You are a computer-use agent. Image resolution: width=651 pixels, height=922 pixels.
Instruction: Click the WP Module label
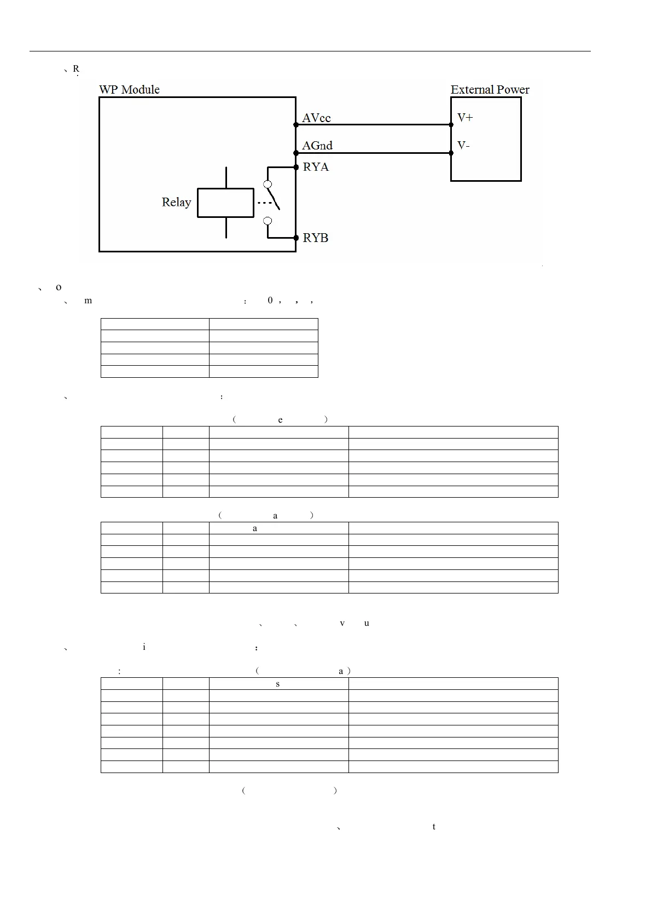[x=129, y=90]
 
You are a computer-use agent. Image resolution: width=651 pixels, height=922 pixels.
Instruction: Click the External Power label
[x=490, y=90]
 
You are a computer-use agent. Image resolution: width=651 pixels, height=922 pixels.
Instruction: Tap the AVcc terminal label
[x=316, y=118]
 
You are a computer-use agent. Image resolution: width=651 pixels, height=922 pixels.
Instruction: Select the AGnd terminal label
[x=317, y=146]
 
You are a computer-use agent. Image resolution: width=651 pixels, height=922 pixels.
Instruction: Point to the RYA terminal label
[x=316, y=167]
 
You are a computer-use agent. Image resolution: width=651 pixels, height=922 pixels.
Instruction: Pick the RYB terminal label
[x=316, y=238]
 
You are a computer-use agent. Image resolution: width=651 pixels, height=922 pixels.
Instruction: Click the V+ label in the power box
[x=465, y=118]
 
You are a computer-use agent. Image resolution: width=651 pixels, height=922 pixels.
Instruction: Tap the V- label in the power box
[x=463, y=146]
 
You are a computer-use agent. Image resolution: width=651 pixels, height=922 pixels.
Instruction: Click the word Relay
[x=176, y=202]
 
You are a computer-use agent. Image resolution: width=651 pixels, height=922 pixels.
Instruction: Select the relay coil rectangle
[x=225, y=203]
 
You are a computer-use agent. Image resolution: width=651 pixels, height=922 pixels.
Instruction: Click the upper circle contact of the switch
[x=268, y=185]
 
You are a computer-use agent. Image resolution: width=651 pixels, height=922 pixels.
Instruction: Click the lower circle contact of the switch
[x=268, y=221]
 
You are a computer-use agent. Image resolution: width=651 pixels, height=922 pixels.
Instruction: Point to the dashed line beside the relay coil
[x=264, y=203]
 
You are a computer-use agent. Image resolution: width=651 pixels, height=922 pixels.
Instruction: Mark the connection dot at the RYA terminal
[x=296, y=167]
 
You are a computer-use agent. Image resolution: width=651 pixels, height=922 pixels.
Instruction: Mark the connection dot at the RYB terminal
[x=296, y=238]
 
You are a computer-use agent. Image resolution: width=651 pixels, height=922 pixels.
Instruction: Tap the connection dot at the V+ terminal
[x=451, y=125]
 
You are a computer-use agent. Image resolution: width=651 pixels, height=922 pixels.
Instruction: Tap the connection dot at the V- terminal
[x=451, y=153]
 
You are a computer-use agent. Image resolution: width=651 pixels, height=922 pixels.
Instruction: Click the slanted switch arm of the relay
[x=274, y=198]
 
